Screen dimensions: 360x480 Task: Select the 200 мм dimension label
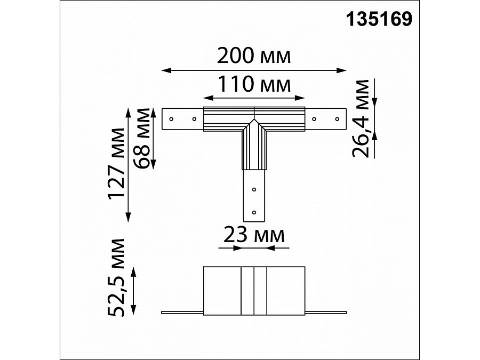pos(254,56)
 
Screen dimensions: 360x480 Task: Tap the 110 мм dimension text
pos(254,84)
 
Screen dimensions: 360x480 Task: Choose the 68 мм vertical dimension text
pos(143,138)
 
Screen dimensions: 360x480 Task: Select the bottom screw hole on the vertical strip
pos(254,212)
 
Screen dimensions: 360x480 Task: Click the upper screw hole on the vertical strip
pos(254,189)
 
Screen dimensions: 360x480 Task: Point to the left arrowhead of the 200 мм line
pos(165,69)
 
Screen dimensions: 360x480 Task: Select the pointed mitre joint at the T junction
pos(254,124)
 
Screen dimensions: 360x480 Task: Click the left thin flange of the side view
pos(182,311)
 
